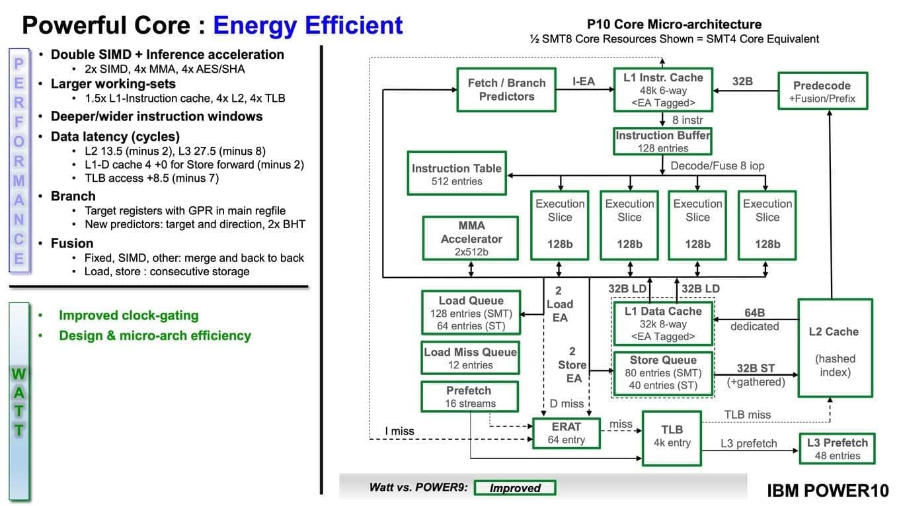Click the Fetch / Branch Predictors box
point(506,90)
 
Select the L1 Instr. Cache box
point(663,89)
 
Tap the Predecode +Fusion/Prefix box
point(822,92)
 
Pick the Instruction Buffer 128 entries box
point(663,142)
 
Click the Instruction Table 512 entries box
point(457,175)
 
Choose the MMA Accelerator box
point(471,238)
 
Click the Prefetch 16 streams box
point(469,397)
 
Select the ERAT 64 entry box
point(566,433)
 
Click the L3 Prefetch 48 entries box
point(837,449)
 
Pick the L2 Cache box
point(834,347)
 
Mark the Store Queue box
point(663,373)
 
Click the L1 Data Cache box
point(663,323)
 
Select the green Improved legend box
point(515,488)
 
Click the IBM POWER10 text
point(828,490)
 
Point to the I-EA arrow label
point(583,82)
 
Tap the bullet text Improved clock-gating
point(129,316)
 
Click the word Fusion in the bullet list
point(73,243)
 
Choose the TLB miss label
point(748,415)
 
